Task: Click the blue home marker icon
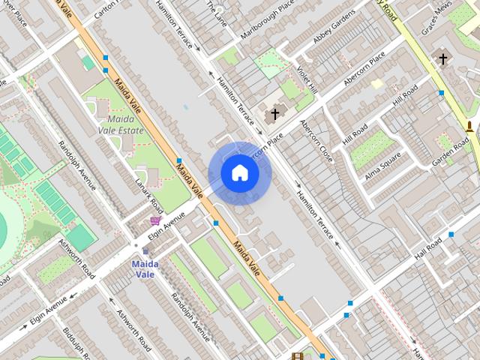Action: point(239,173)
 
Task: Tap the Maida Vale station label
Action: point(145,268)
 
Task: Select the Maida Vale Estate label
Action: point(120,124)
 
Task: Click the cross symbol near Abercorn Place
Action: point(274,114)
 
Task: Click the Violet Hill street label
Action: point(307,80)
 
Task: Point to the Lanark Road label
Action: point(149,193)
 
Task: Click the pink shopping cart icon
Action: point(155,220)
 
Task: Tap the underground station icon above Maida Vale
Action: point(145,251)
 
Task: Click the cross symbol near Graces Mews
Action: point(442,58)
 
